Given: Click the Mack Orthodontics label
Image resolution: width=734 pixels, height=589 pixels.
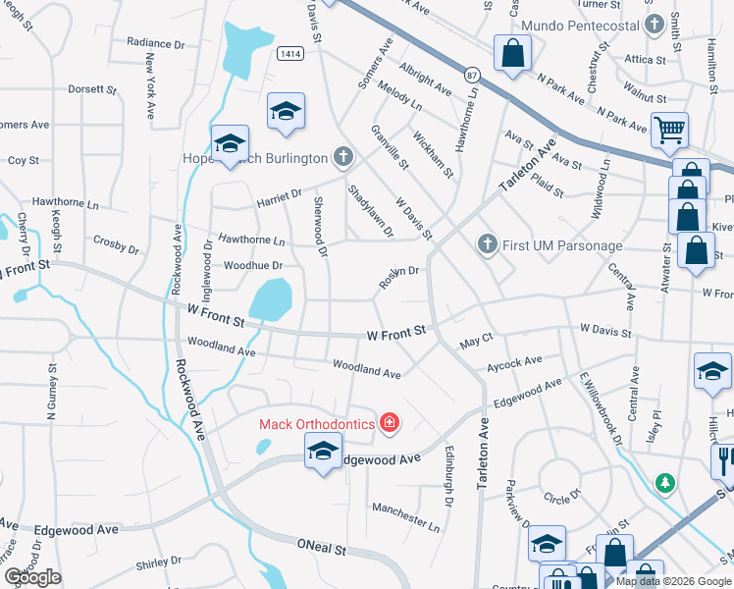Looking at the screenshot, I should [x=316, y=424].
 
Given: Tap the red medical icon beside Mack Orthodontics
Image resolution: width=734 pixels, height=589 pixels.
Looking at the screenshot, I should [x=390, y=423].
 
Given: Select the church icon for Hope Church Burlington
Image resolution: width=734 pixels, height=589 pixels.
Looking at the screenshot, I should [x=342, y=156].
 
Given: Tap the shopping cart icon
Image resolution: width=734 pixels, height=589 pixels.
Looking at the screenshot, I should [x=669, y=129].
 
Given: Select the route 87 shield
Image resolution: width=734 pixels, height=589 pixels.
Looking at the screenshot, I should [x=473, y=76].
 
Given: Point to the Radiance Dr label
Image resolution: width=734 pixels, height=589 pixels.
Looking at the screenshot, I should [x=156, y=43].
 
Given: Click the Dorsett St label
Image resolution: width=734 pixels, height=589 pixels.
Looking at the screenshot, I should [x=92, y=88].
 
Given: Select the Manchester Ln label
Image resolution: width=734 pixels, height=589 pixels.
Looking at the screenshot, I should [x=406, y=512].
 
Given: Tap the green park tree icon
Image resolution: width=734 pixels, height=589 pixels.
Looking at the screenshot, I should [x=665, y=482].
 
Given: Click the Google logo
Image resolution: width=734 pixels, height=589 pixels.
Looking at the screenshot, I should [x=33, y=577].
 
